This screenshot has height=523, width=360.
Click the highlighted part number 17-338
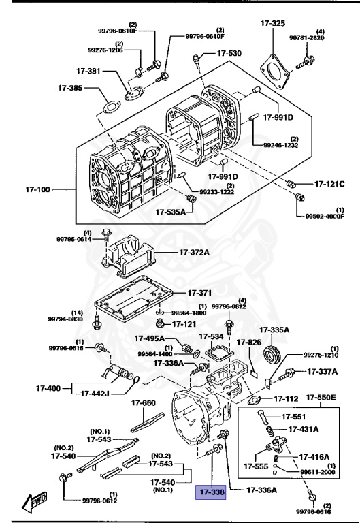click(212, 490)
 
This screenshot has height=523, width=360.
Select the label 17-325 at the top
click(273, 24)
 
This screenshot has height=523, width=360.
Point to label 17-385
click(69, 88)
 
